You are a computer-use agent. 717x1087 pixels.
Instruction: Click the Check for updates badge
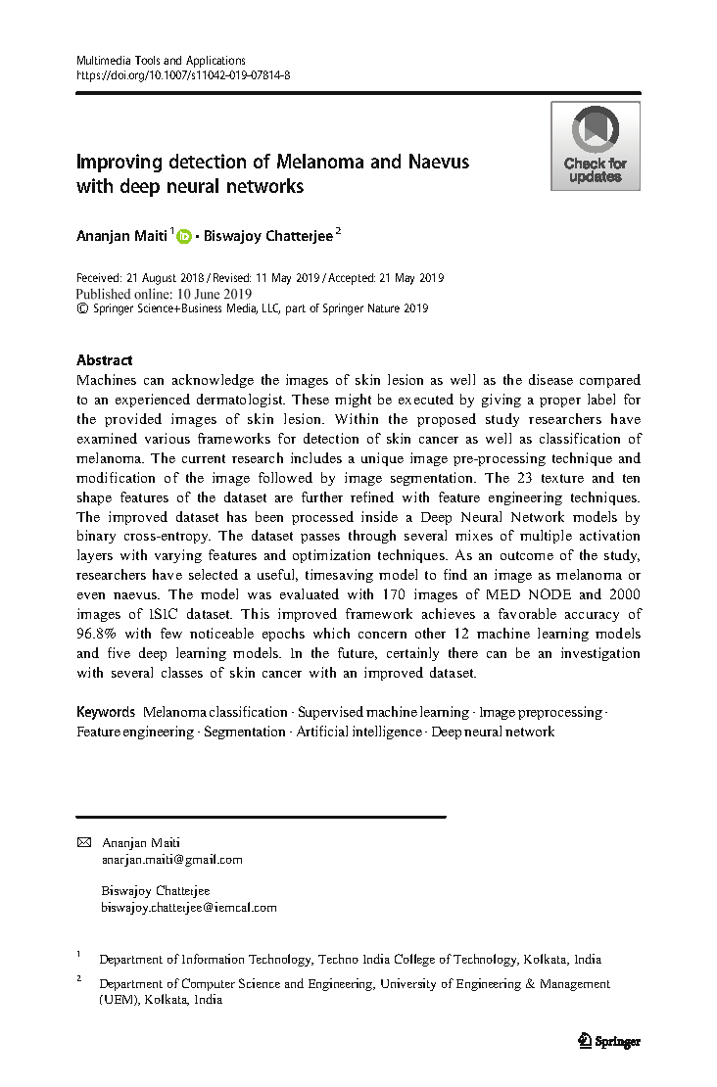[595, 146]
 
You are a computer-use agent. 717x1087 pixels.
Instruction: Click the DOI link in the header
[183, 74]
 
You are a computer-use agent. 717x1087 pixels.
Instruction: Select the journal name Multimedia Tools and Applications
[161, 61]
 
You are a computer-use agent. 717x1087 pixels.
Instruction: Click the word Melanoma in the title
[320, 162]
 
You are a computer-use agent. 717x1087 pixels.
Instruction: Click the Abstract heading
[104, 360]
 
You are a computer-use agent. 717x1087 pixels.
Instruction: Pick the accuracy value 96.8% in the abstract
[98, 634]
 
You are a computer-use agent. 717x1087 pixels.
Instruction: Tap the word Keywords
[106, 712]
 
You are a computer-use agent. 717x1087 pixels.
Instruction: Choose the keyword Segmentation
[245, 732]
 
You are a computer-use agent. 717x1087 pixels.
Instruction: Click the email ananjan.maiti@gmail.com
[171, 859]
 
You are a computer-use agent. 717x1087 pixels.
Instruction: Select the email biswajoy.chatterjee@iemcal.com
[189, 908]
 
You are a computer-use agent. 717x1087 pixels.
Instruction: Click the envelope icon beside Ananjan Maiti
[83, 842]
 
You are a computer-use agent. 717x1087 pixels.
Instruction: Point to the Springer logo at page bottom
[609, 1041]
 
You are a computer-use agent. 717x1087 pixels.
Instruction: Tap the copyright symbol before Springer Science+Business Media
[81, 308]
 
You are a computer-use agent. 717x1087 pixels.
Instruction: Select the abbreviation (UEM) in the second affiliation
[119, 1000]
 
